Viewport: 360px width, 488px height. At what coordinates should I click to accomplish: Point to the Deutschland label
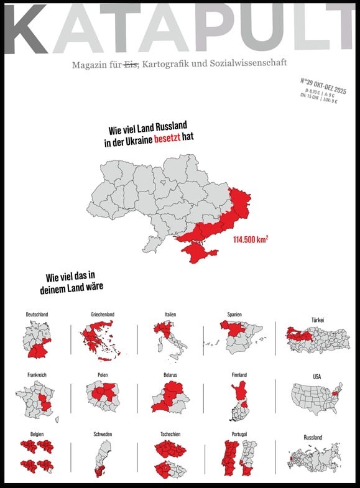37,315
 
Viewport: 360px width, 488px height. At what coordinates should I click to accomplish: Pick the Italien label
170,315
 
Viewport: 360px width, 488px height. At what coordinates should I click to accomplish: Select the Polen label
103,375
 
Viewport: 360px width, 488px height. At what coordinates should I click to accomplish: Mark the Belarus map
170,398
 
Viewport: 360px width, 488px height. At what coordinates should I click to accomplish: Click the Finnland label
239,375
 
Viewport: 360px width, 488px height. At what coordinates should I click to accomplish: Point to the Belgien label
37,434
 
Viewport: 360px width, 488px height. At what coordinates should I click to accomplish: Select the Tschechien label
170,434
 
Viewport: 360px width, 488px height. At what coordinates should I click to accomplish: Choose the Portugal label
239,434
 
